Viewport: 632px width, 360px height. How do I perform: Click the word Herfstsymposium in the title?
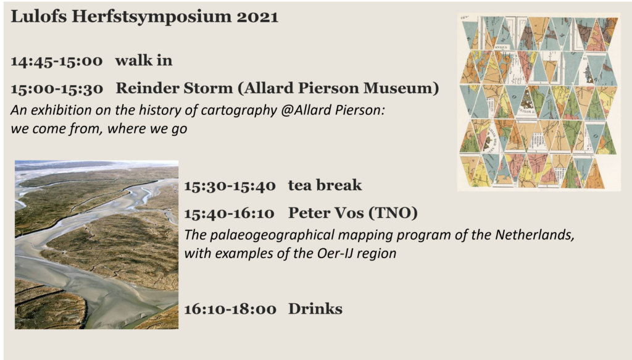pyautogui.click(x=152, y=17)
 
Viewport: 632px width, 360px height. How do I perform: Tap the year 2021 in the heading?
pyautogui.click(x=257, y=17)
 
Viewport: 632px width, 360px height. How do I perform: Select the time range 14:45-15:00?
pyautogui.click(x=57, y=61)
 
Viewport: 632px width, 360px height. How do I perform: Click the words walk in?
pyautogui.click(x=144, y=61)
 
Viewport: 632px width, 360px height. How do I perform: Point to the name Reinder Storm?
pyautogui.click(x=174, y=88)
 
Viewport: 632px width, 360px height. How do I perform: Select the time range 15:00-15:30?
pyautogui.click(x=57, y=89)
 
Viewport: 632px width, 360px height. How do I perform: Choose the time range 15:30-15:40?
pyautogui.click(x=230, y=186)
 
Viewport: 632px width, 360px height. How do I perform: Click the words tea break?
pyautogui.click(x=325, y=185)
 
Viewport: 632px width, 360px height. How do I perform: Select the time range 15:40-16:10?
pyautogui.click(x=230, y=214)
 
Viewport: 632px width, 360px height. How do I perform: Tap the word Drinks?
pyautogui.click(x=315, y=309)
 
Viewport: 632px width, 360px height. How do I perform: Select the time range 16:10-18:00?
pyautogui.click(x=230, y=309)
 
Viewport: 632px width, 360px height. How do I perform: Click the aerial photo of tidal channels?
pyautogui.click(x=97, y=245)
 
